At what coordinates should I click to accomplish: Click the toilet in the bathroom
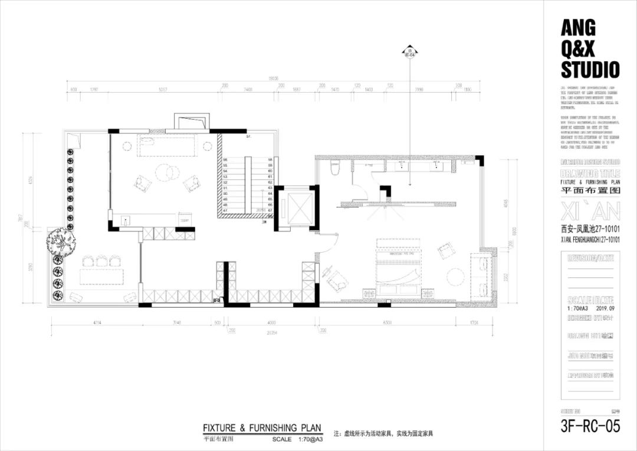pos(335,168)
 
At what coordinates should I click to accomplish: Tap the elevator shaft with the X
pos(297,208)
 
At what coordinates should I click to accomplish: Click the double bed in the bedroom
pos(398,269)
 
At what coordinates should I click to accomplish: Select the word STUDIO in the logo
pos(590,70)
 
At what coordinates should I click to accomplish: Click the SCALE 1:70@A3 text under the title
pos(298,439)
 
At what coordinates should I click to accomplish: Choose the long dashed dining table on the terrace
pos(102,277)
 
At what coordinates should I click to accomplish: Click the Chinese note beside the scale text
pos(383,434)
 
